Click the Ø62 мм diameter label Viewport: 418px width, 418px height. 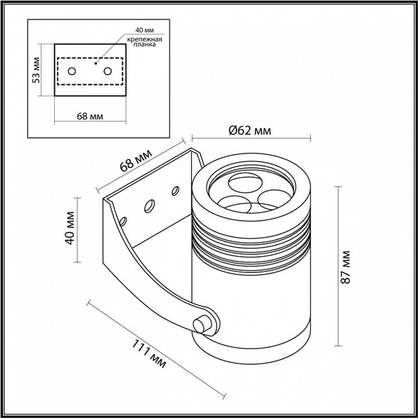pos(250,130)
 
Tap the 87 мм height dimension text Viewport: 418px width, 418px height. pos(346,268)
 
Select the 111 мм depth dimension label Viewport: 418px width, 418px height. pos(149,353)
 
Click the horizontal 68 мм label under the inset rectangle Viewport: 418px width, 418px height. pos(90,116)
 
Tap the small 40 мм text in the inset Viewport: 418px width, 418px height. pos(144,30)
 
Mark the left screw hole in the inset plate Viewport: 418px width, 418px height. pos(72,71)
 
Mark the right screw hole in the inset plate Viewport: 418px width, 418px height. pos(108,71)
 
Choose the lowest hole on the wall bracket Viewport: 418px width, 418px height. pos(123,220)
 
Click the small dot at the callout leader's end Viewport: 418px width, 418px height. pos(96,63)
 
